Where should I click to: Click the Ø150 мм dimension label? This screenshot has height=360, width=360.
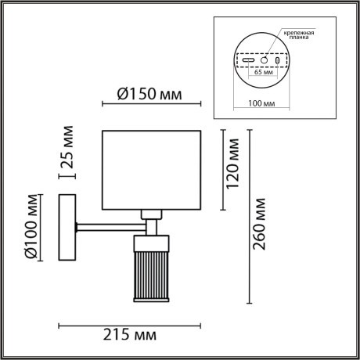click(151, 95)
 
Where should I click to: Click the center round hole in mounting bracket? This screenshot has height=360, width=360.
click(265, 59)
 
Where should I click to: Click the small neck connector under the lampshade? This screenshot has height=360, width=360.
click(151, 214)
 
